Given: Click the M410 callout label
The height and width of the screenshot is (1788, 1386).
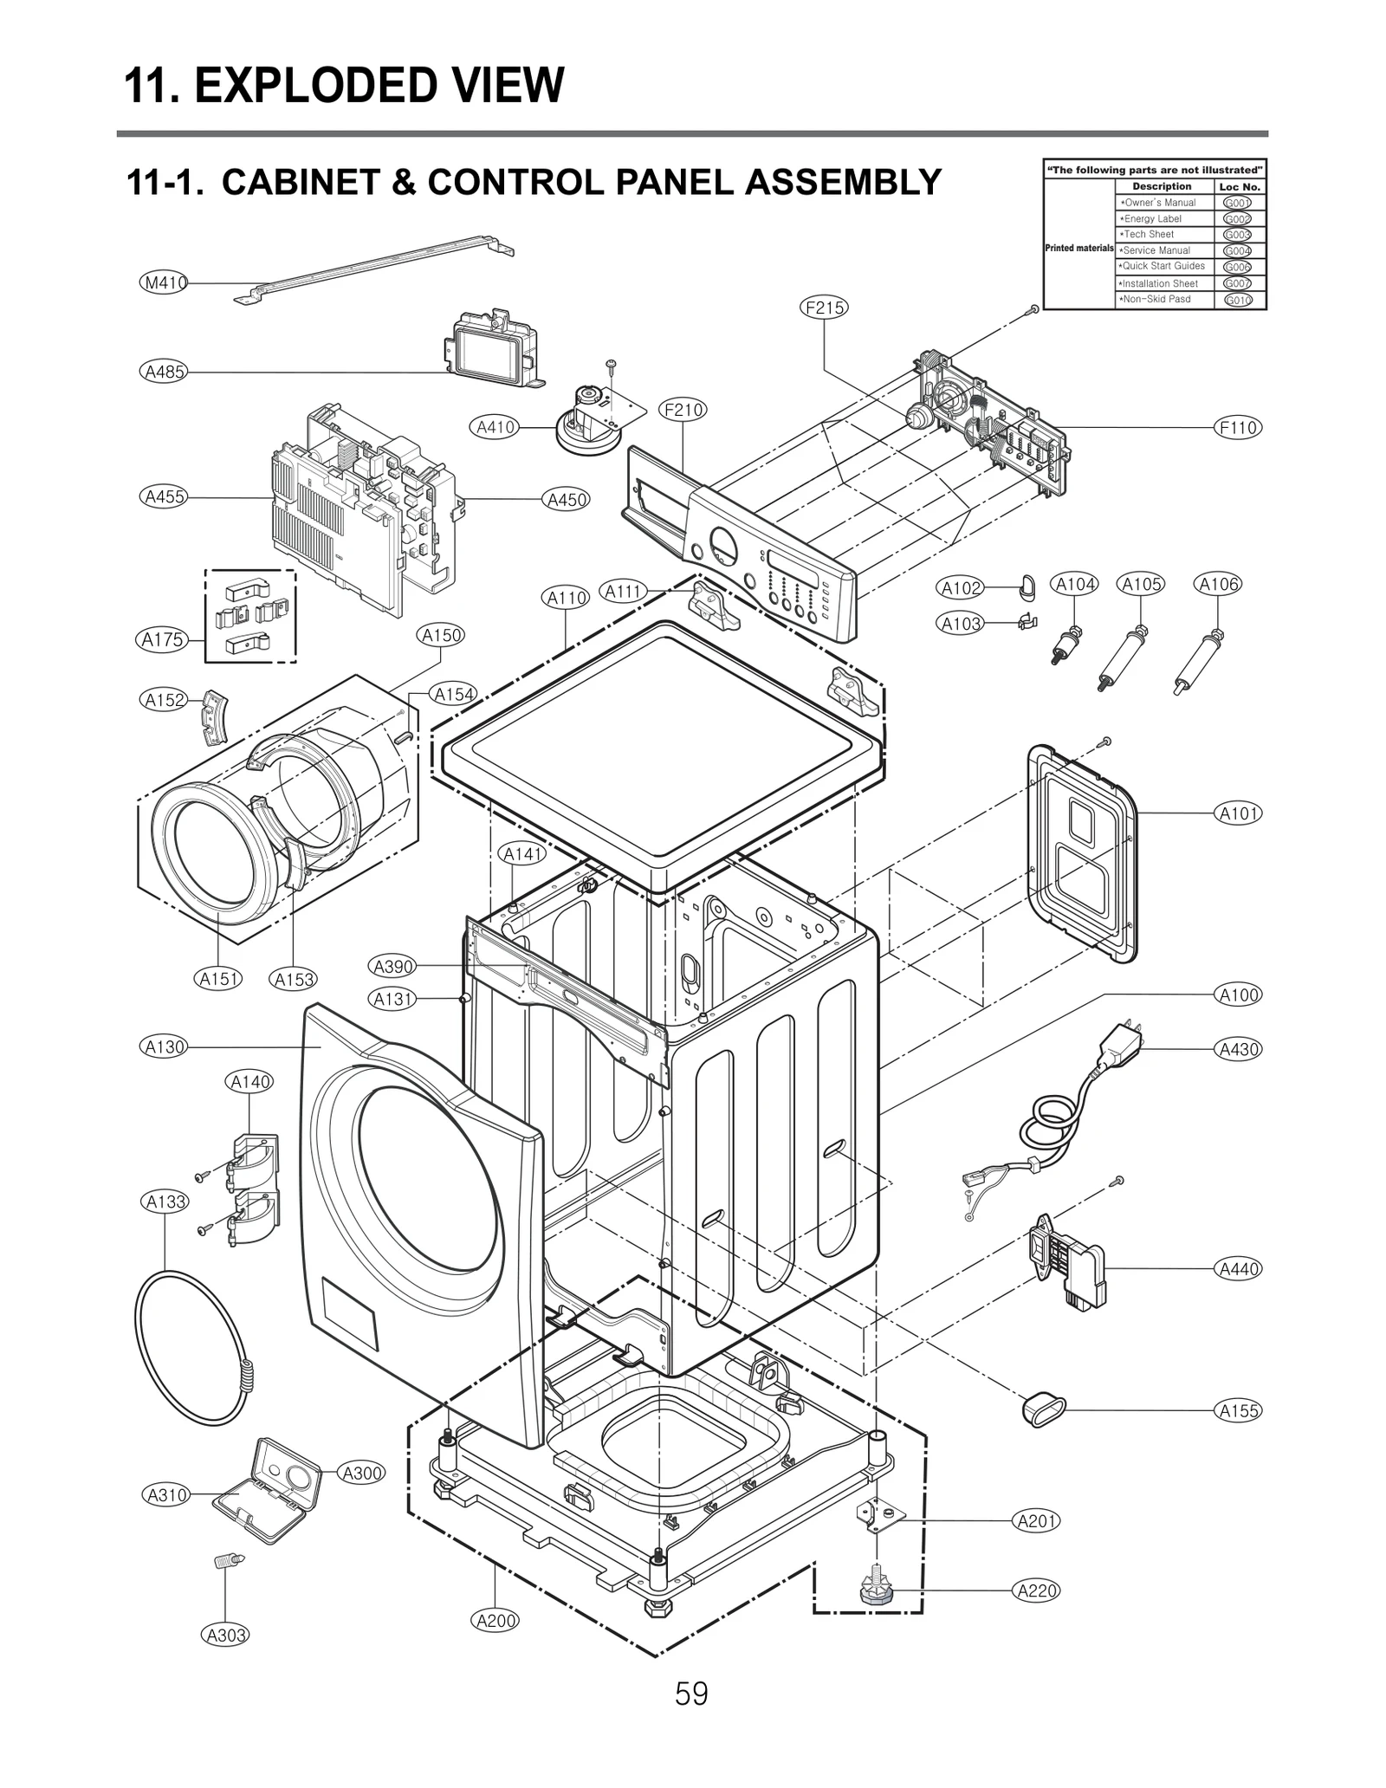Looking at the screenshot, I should pos(164,282).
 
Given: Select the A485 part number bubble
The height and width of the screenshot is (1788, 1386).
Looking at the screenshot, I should pos(164,372).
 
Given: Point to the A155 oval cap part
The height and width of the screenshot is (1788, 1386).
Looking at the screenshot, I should pos(1043,1409).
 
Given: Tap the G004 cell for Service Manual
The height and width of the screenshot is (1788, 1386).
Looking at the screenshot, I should pos(1237,250).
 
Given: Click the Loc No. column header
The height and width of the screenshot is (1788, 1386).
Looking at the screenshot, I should pos(1239,186).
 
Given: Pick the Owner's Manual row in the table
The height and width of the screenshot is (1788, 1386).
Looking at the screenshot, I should pos(1159,203).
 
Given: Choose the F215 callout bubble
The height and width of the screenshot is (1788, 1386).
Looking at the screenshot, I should pos(824,308).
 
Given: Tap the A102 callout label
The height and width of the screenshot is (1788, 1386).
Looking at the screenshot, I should pos(961,588).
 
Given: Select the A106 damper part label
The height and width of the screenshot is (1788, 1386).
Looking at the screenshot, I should pos(1218,584).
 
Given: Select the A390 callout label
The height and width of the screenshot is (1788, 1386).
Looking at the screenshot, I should pos(392,966).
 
